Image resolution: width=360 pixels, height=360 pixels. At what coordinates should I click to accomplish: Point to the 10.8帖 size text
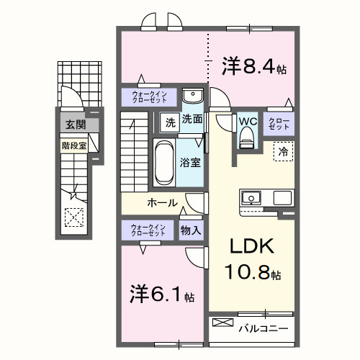coord(253,274)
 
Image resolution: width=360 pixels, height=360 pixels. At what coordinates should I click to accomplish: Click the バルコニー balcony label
coord(264,328)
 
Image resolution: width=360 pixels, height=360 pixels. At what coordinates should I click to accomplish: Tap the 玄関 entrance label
coord(75,125)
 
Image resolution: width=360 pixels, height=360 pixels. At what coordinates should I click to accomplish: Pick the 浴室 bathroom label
coord(191,163)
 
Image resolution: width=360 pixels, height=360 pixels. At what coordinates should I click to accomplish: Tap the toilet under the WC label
coord(248,135)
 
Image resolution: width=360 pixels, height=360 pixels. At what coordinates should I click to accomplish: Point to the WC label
coord(248,120)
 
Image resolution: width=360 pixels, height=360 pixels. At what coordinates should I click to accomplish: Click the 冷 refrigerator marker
coord(284,152)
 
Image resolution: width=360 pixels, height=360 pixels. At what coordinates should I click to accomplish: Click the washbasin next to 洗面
coord(192,97)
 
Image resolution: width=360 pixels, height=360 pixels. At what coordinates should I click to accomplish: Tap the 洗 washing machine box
coord(170,121)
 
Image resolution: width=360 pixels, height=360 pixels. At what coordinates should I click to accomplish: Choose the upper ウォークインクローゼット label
coord(150,97)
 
